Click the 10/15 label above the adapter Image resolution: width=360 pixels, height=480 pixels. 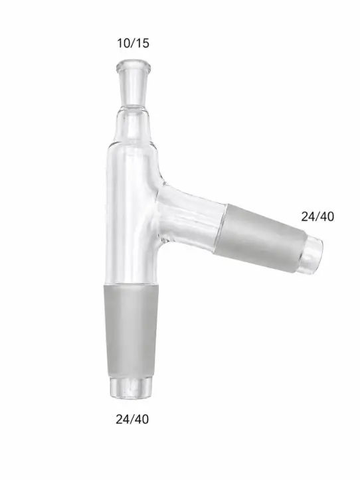(x=133, y=43)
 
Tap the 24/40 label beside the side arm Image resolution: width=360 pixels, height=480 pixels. (x=317, y=216)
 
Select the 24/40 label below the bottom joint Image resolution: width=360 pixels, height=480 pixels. (x=132, y=419)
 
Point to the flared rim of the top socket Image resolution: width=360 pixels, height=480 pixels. (x=134, y=66)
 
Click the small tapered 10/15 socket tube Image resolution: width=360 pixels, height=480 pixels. (x=134, y=85)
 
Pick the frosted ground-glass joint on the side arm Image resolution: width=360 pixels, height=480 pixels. (x=259, y=236)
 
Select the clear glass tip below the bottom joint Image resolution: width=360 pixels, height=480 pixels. (x=131, y=388)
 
